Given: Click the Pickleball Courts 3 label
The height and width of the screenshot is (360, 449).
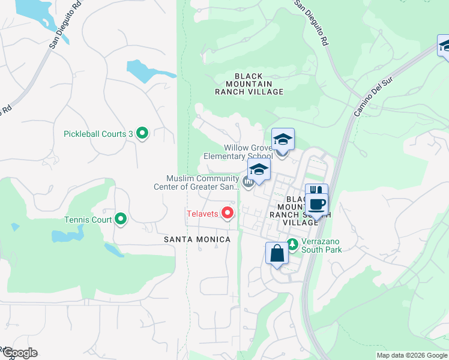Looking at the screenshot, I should pos(98,134).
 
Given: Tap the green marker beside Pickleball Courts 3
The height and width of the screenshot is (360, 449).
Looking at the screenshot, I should pos(142,133).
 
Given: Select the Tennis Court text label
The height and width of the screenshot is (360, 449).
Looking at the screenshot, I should pos(88,220).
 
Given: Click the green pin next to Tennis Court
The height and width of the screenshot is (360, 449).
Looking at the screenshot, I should pos(121,220).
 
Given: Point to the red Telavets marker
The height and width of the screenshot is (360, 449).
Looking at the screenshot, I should pos(228,212).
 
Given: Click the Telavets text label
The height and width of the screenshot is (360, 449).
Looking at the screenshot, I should pos(202,213).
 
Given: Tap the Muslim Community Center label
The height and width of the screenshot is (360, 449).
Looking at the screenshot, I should pos(203,182).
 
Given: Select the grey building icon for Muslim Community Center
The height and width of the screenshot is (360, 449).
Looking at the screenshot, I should pos(248,180).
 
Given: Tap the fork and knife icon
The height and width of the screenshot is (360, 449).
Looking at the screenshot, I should pos(316,191).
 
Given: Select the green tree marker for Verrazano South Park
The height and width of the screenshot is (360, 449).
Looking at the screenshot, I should pos(292,244).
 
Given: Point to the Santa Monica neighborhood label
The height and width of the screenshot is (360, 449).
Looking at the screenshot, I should pos(197,239).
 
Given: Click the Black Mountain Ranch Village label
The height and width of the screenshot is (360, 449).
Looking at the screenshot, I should pos(250,84).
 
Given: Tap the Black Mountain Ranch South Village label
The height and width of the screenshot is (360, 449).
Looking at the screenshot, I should pos(294,211).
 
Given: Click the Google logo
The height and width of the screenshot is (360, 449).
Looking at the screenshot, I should pos(19,353).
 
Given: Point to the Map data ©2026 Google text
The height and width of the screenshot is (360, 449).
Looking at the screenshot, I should pos(412,355).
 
